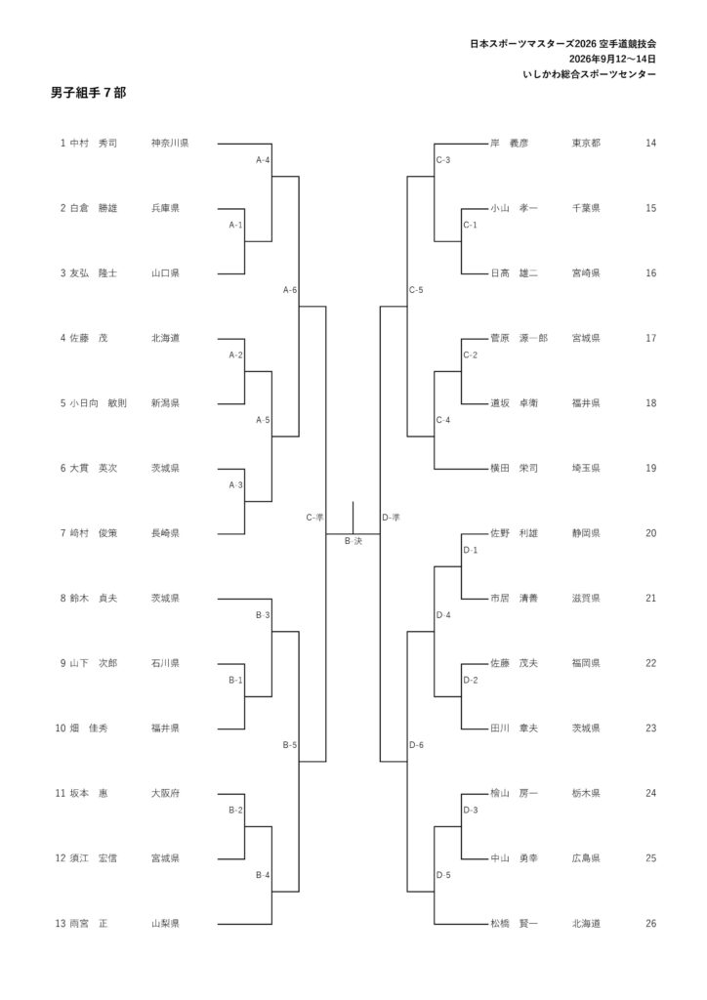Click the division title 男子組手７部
tap(89, 93)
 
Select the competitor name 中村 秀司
tap(94, 144)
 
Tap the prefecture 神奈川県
tap(170, 144)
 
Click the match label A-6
tap(289, 290)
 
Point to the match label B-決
tap(353, 541)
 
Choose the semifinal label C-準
tap(315, 518)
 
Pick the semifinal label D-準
tap(391, 518)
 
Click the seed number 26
tap(650, 924)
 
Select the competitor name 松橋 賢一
tap(514, 924)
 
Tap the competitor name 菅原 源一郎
tap(519, 339)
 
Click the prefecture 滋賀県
tap(586, 599)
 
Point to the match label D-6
tap(416, 745)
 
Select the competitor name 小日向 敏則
tap(99, 403)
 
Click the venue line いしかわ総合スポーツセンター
tap(589, 74)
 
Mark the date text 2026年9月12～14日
tap(612, 60)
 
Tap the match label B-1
tap(235, 681)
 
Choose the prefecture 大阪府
tap(165, 794)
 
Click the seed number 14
tap(650, 144)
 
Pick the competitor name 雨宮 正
tap(89, 924)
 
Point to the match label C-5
tap(416, 290)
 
